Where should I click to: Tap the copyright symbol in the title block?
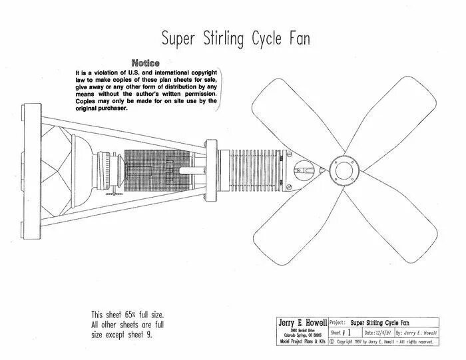[333, 341]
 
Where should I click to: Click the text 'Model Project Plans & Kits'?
[302, 341]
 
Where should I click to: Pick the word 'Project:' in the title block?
[339, 321]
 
